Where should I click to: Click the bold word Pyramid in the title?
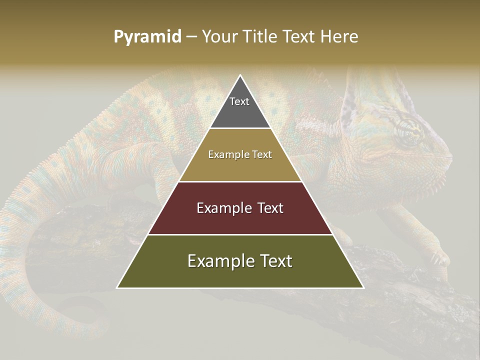(x=147, y=36)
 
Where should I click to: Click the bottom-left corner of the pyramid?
(x=118, y=287)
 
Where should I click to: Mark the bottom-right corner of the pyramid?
(x=363, y=287)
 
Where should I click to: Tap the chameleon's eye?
(x=407, y=131)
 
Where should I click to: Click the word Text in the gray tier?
(x=239, y=101)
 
